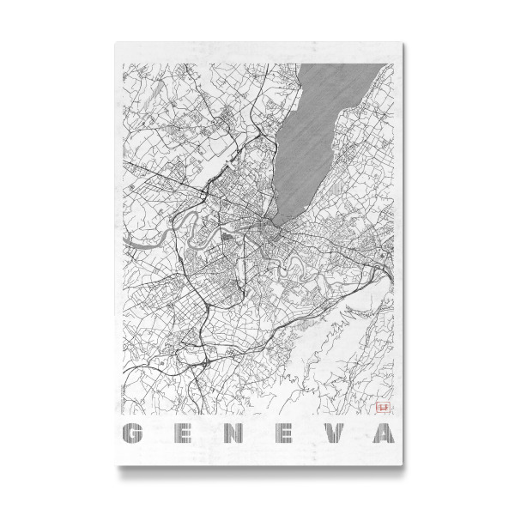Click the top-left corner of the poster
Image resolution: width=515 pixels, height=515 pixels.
pyautogui.click(x=115, y=38)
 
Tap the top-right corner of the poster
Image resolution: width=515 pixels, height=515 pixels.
pyautogui.click(x=399, y=38)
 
